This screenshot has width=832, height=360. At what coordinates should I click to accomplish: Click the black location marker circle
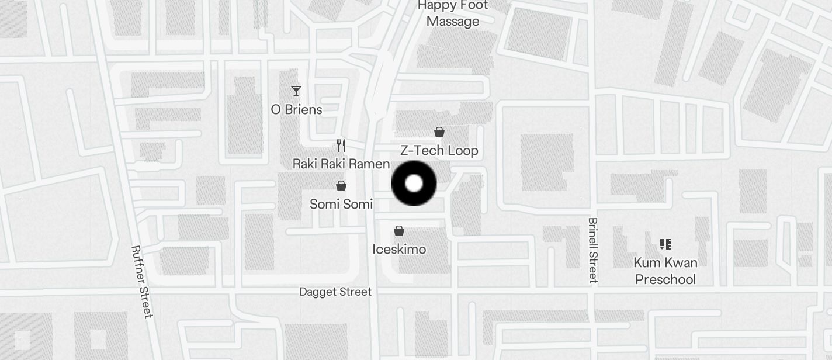[x=414, y=184]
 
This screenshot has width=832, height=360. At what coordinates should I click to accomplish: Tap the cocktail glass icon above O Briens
[x=296, y=91]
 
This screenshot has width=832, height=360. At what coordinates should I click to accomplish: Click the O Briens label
[x=296, y=109]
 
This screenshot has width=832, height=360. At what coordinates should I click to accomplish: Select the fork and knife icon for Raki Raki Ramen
[x=341, y=146]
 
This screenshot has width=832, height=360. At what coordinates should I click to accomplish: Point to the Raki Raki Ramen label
[x=341, y=164]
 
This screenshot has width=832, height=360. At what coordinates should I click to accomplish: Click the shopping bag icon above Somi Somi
[x=341, y=186]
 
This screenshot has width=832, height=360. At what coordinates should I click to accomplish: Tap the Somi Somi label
[x=341, y=204]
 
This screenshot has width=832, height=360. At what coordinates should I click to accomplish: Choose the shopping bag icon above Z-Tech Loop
[x=439, y=132]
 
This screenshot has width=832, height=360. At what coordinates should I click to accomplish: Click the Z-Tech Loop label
[x=439, y=150]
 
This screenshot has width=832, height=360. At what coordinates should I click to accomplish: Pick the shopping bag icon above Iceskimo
[x=399, y=231]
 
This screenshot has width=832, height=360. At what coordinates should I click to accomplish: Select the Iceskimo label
[x=399, y=250]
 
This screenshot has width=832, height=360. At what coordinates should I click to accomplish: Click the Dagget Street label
[x=335, y=292]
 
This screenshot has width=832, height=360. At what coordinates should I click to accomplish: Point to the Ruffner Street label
[x=141, y=282]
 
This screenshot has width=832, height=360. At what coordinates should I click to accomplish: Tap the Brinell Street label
[x=593, y=250]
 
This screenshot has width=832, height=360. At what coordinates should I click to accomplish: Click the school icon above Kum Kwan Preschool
[x=665, y=244]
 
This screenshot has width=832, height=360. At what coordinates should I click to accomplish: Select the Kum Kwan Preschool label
[x=665, y=271]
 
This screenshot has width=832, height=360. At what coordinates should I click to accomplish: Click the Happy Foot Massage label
[x=453, y=13]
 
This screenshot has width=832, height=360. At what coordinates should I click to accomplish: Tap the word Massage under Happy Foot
[x=453, y=22]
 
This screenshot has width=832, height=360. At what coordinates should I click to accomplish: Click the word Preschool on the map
[x=665, y=279]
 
